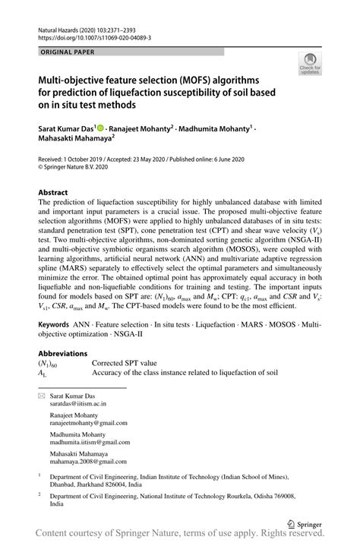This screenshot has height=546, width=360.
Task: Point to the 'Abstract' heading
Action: tap(58, 192)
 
